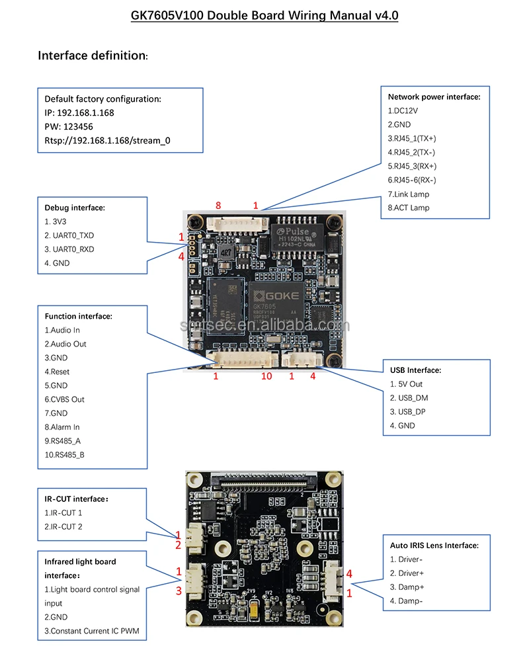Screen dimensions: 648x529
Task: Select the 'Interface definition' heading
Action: (93, 56)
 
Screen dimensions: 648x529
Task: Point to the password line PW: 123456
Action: (69, 126)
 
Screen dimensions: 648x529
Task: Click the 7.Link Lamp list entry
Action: (408, 194)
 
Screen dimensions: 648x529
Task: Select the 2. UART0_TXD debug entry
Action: (69, 235)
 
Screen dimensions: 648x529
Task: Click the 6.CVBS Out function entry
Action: (64, 399)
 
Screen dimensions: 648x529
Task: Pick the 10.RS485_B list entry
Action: (65, 454)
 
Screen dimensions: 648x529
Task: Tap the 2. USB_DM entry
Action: (409, 398)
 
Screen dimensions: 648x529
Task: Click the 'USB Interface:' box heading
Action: (415, 370)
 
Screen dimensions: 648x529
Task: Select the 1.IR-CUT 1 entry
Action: (63, 512)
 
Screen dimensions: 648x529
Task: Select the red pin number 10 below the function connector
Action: (266, 376)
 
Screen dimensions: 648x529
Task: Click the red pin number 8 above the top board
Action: (218, 206)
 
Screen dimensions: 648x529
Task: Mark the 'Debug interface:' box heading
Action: (75, 208)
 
